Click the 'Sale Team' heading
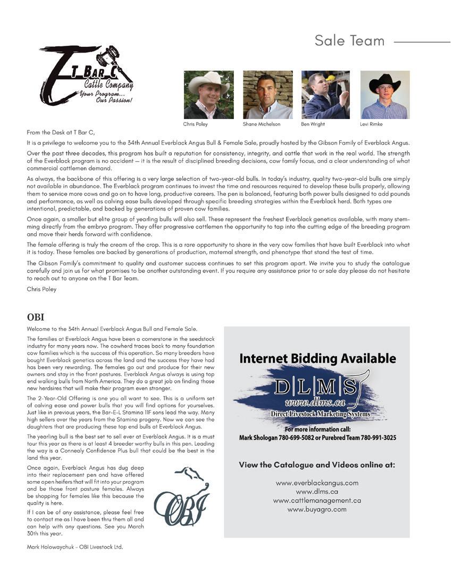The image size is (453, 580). tap(349, 40)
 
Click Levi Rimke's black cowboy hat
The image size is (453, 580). tap(384, 83)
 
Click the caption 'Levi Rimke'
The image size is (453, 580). tap(372, 124)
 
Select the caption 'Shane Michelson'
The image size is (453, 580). tap(261, 124)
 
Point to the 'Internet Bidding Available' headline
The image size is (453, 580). tap(317, 358)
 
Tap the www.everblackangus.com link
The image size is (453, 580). tap(317, 483)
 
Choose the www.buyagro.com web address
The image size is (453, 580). tap(317, 509)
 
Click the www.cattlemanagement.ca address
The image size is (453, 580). tap(317, 500)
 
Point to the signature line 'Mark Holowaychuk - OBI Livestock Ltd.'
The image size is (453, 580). tap(75, 546)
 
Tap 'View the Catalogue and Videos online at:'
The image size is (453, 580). tap(317, 465)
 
